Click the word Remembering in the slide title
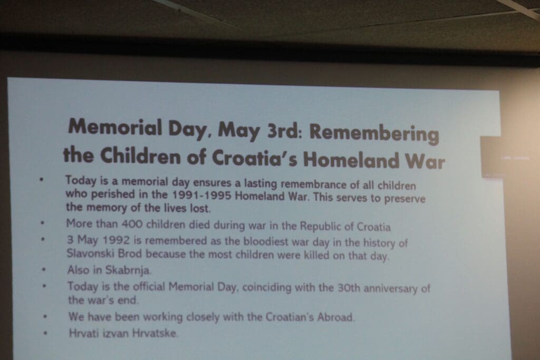coord(374,133)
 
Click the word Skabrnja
coord(128,270)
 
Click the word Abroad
coord(336,317)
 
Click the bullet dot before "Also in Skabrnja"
coord(44,270)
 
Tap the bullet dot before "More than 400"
coord(42,223)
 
